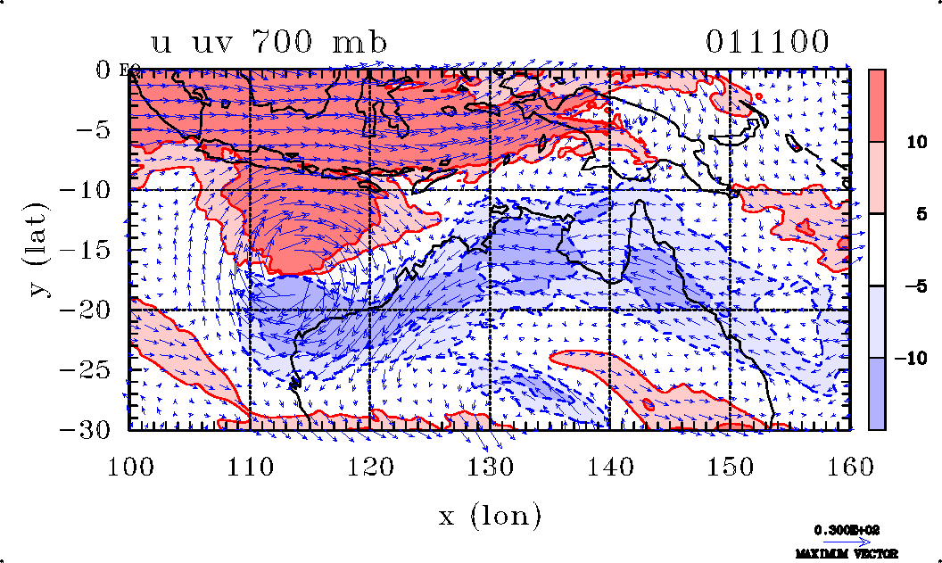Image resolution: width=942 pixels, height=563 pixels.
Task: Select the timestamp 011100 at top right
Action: pos(767,42)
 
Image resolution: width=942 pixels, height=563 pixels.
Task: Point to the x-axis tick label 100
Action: pos(130,464)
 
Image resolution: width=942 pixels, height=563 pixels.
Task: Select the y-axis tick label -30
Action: pos(89,429)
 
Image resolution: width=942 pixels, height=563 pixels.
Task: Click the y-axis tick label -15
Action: pos(89,250)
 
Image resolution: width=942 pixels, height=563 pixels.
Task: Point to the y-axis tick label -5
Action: pos(95,129)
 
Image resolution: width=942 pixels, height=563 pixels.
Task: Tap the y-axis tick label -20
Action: pos(89,310)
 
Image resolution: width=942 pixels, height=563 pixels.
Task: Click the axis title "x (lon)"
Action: pos(490,516)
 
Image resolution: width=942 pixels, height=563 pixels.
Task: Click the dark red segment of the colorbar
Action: pos(877,105)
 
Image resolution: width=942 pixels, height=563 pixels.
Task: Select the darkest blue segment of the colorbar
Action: pos(877,393)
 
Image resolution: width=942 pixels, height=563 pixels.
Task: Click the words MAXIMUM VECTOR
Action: pos(841,554)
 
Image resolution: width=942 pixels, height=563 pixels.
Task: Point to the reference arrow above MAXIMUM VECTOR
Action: pos(841,542)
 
